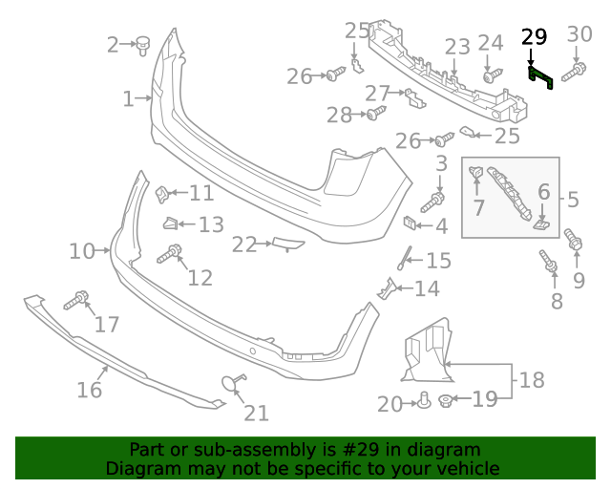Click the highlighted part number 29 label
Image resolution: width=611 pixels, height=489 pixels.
pos(535,37)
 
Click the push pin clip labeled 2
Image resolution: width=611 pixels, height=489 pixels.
pos(146,43)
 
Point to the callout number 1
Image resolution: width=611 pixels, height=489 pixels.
pos(129,98)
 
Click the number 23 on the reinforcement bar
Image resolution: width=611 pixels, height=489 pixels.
pos(457,47)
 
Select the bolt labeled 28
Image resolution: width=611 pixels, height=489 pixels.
pos(374,115)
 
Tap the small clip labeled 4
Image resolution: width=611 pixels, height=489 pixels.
pos(409,224)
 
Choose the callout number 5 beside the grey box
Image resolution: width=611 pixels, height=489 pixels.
pos(573,200)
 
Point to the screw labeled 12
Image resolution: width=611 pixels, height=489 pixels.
pos(172,254)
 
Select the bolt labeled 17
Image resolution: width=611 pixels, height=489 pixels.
pos(76,301)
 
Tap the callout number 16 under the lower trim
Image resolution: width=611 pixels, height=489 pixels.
pos(89,390)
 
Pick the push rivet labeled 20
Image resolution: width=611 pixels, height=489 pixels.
pos(422,401)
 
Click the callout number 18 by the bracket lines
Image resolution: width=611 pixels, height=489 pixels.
pos(531,380)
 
